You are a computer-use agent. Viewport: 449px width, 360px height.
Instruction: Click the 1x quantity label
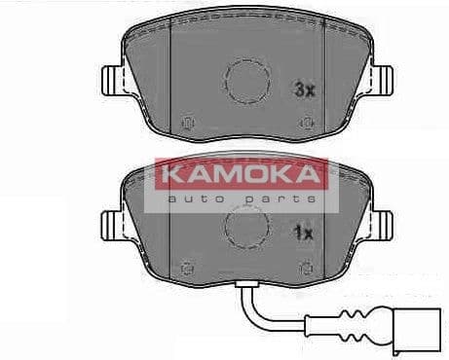(x=303, y=234)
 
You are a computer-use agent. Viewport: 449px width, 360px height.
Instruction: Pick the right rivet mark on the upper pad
(x=307, y=122)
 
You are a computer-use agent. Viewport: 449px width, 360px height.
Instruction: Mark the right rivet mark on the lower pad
(x=307, y=265)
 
